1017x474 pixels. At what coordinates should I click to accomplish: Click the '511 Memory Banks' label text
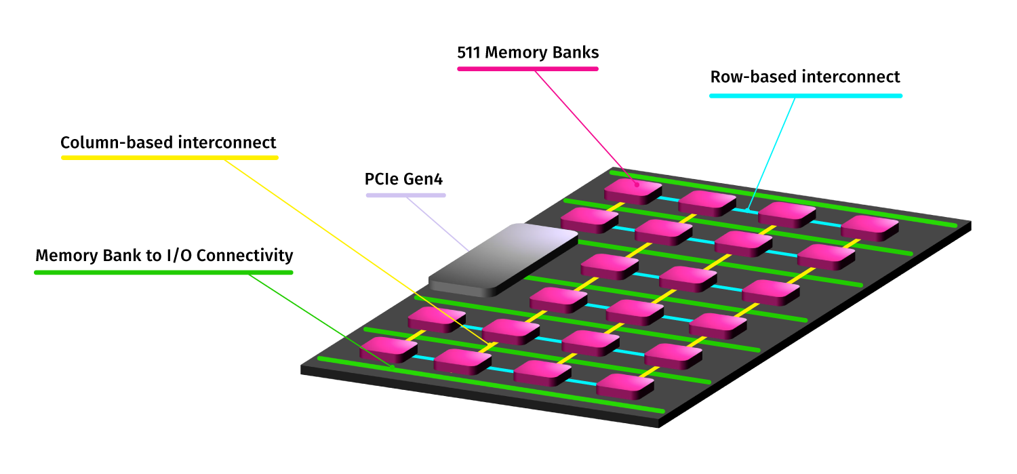pos(528,52)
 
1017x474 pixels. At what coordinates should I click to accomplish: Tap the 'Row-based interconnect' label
pos(805,77)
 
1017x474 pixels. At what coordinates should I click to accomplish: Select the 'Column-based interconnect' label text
pos(168,142)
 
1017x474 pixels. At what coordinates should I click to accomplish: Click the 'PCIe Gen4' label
pos(404,180)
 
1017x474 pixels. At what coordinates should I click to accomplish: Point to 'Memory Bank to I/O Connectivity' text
pos(164,256)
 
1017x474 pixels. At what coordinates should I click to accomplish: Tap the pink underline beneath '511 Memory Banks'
pos(527,68)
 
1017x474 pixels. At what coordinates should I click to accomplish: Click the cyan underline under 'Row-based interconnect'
pos(805,96)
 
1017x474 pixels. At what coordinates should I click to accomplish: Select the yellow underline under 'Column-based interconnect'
pos(169,158)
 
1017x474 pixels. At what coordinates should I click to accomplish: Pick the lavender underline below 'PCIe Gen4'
pos(405,195)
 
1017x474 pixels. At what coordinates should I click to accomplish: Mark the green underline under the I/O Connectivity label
pos(163,273)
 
